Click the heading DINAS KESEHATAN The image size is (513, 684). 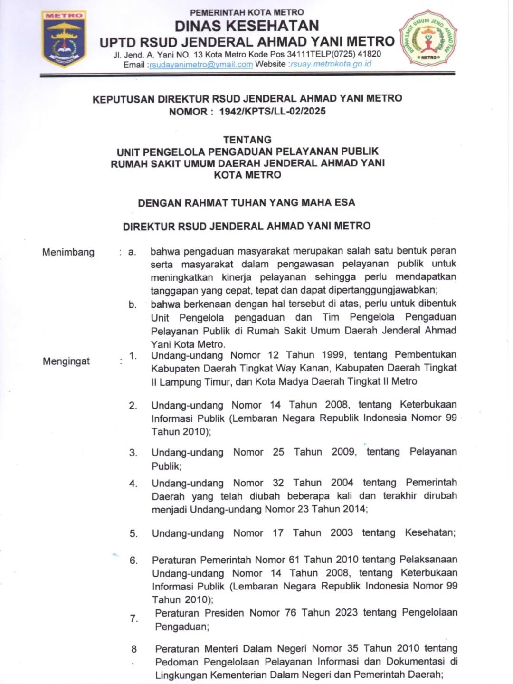(247, 26)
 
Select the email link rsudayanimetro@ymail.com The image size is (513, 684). (201, 65)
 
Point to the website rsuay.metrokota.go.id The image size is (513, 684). (332, 64)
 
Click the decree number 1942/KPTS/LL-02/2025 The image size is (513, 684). (272, 112)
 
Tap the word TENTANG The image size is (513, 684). (247, 140)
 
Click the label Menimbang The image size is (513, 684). (68, 252)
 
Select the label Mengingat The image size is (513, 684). (66, 361)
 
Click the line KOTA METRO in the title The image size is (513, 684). (247, 175)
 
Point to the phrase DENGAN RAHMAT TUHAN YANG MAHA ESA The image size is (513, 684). (247, 203)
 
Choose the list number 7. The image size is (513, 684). (134, 618)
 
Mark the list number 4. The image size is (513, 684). (133, 484)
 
